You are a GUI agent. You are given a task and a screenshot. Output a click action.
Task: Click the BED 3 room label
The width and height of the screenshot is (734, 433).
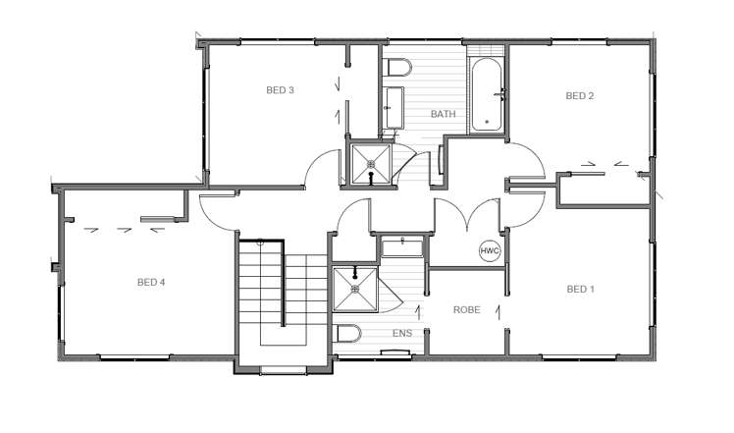(x=280, y=90)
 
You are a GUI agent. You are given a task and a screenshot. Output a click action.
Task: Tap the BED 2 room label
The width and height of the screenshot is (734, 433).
(x=580, y=96)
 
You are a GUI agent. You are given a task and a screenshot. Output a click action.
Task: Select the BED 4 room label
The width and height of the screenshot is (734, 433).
(x=151, y=282)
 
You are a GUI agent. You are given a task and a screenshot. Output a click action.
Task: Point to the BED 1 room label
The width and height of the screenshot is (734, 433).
(x=581, y=289)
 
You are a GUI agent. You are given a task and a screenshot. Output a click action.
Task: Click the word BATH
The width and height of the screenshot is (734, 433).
(x=443, y=114)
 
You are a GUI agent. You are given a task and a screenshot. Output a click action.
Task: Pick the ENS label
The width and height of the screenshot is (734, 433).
(x=402, y=333)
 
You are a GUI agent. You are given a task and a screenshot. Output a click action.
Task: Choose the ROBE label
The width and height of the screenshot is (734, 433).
(x=467, y=309)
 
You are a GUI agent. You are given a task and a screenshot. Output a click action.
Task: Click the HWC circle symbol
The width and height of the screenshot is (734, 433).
(x=490, y=250)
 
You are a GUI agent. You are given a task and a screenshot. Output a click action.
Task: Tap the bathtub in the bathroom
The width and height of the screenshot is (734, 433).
(x=487, y=95)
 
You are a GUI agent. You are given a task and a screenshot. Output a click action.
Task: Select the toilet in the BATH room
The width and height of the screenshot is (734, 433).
(x=397, y=68)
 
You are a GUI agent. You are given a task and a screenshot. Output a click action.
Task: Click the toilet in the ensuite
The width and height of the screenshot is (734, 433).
(x=348, y=334)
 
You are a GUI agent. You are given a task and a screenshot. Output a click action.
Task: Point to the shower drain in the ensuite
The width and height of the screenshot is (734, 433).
(x=355, y=289)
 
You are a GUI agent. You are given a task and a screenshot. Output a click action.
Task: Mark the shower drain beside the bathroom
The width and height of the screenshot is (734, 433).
(x=371, y=164)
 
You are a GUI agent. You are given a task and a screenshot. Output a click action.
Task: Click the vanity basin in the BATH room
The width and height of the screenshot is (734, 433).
(x=393, y=108)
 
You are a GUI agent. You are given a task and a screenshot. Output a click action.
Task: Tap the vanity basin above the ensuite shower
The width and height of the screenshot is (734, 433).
(x=402, y=247)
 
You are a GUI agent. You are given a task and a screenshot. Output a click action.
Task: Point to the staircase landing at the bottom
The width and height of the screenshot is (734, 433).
(x=284, y=336)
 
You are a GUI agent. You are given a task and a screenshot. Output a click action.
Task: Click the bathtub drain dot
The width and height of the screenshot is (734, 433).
(x=487, y=122)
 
